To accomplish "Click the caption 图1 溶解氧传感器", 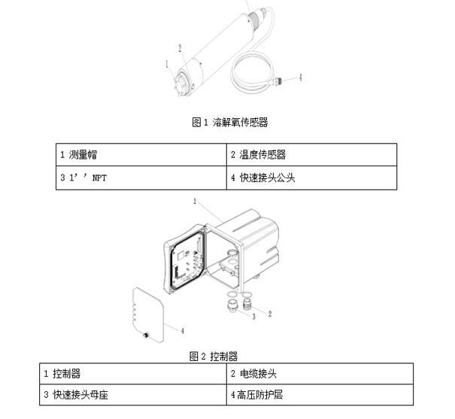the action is pyautogui.click(x=230, y=122).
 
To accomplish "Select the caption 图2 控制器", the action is pyautogui.click(x=214, y=357).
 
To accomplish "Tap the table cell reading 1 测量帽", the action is pyautogui.click(x=141, y=155).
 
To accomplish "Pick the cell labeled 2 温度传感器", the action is pyautogui.click(x=311, y=155).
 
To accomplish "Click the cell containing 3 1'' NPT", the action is pyautogui.click(x=141, y=178).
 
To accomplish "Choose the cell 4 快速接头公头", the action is pyautogui.click(x=311, y=178).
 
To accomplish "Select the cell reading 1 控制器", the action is pyautogui.click(x=133, y=374).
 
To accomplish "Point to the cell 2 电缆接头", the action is pyautogui.click(x=320, y=374).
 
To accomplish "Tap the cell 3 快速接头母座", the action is pyautogui.click(x=133, y=395).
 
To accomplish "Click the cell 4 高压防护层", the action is pyautogui.click(x=320, y=395).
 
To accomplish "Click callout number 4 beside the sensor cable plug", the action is pyautogui.click(x=301, y=77).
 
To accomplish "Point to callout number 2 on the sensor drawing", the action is pyautogui.click(x=180, y=48).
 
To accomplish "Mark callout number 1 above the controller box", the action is pyautogui.click(x=195, y=201).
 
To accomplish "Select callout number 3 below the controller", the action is pyautogui.click(x=254, y=317).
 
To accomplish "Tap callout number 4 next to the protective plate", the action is pyautogui.click(x=182, y=331).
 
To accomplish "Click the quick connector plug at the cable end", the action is pyautogui.click(x=278, y=80).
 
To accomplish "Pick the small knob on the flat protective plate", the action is pyautogui.click(x=145, y=336).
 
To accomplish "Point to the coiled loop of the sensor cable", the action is pyautogui.click(x=252, y=72).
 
